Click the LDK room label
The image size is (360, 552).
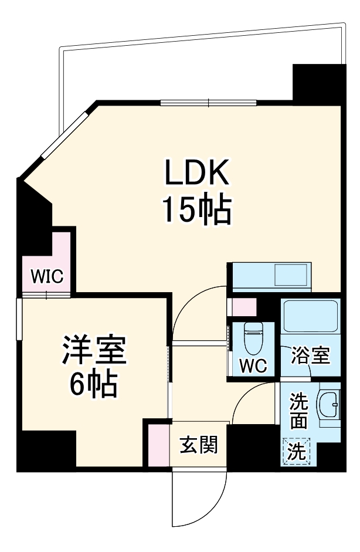tap(195, 174)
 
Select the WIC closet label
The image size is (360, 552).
tap(47, 277)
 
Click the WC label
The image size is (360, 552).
tap(253, 365)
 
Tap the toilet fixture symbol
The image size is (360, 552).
tap(254, 337)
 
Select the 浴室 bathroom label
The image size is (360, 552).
tap(311, 355)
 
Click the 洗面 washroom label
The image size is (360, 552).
tap(299, 411)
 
